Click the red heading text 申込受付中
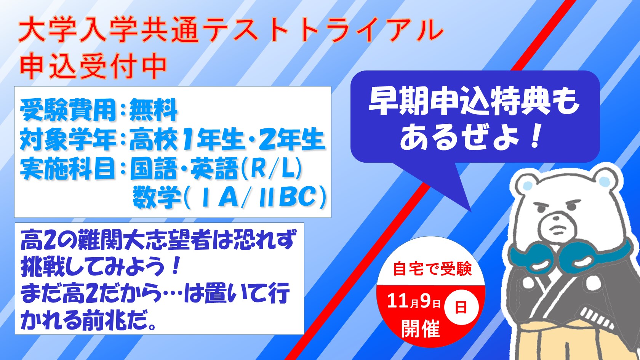click(x=93, y=66)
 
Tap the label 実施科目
click(x=68, y=169)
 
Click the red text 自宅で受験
click(x=432, y=269)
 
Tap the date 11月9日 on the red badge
click(x=413, y=301)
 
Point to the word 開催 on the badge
click(x=421, y=328)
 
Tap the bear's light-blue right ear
click(x=604, y=181)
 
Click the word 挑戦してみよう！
click(x=101, y=267)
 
